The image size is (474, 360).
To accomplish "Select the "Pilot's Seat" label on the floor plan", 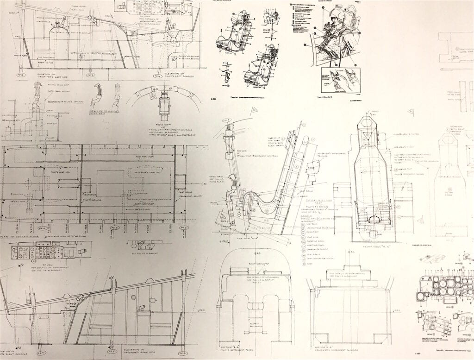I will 60,171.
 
